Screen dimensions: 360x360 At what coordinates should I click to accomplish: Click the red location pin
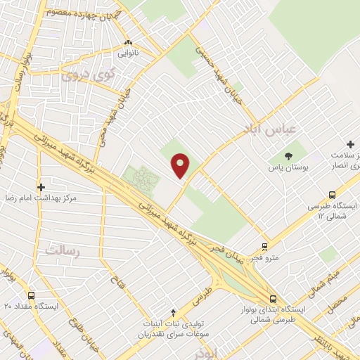pyautogui.click(x=181, y=165)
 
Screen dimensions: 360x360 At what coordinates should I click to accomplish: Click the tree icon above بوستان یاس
pyautogui.click(x=289, y=155)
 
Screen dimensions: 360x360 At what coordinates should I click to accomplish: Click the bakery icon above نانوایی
pyautogui.click(x=128, y=41)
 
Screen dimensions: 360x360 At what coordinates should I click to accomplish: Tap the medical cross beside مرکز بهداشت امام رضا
pyautogui.click(x=41, y=187)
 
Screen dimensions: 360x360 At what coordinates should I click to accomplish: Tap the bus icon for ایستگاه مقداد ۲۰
pyautogui.click(x=31, y=296)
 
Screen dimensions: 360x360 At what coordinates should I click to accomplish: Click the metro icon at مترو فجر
pyautogui.click(x=264, y=246)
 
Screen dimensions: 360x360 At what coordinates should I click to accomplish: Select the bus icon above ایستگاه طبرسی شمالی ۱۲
pyautogui.click(x=332, y=195)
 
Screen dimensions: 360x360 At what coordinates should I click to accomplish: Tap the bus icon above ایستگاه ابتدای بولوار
pyautogui.click(x=273, y=298)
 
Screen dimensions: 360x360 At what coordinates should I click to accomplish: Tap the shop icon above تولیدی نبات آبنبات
pyautogui.click(x=173, y=312)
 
